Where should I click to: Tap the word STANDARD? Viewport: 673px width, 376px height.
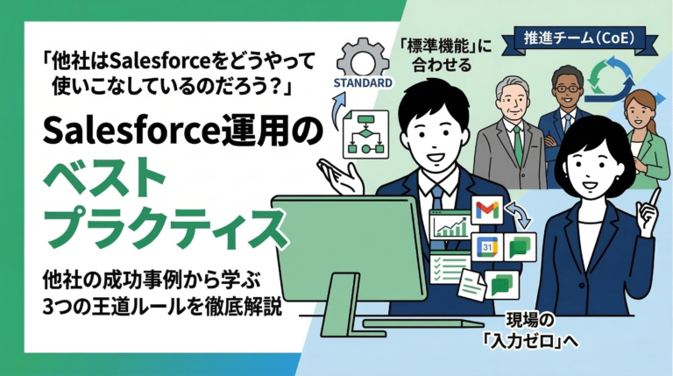tap(360, 84)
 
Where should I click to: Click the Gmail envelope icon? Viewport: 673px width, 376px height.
tap(487, 210)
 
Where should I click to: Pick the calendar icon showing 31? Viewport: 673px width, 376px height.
tap(486, 248)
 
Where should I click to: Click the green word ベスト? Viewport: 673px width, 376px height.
tap(104, 181)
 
